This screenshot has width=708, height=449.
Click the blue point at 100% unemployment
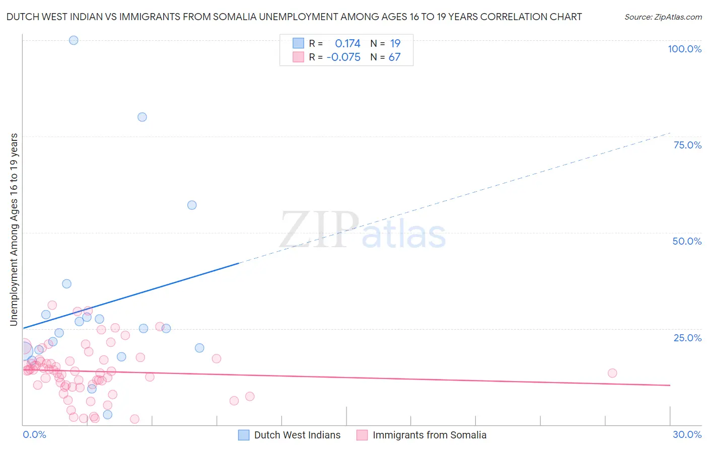(x=74, y=40)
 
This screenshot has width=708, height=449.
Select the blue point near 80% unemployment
(x=143, y=117)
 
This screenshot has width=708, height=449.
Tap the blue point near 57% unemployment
(x=192, y=205)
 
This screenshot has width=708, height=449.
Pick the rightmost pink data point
(x=612, y=373)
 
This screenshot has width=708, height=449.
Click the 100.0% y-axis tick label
(x=684, y=49)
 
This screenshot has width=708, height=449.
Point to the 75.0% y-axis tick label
(x=687, y=145)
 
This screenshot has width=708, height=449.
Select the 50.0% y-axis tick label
(x=687, y=241)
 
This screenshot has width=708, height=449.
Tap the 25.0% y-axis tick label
(x=687, y=338)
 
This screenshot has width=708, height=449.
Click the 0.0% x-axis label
(x=34, y=434)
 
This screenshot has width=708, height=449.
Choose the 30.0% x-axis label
(x=687, y=434)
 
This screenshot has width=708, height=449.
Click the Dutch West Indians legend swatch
(x=244, y=435)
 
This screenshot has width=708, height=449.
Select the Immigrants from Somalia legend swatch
(x=362, y=435)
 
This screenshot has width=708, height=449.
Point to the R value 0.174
(x=347, y=44)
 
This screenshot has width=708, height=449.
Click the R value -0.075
(x=343, y=57)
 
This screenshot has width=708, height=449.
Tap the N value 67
(x=394, y=57)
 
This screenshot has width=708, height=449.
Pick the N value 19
(x=395, y=44)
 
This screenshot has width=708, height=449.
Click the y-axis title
(x=14, y=230)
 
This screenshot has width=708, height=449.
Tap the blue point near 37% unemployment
(x=66, y=284)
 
